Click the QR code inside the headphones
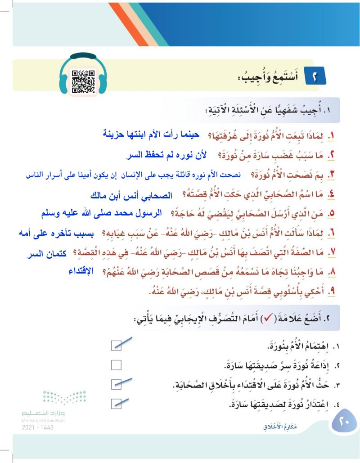[x=83, y=81]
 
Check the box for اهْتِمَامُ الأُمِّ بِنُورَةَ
[x=117, y=345]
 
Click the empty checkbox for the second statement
[x=117, y=364]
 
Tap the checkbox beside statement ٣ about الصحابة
[x=117, y=384]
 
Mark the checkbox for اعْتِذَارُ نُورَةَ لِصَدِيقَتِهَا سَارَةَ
[x=117, y=403]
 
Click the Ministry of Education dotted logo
[x=63, y=398]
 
